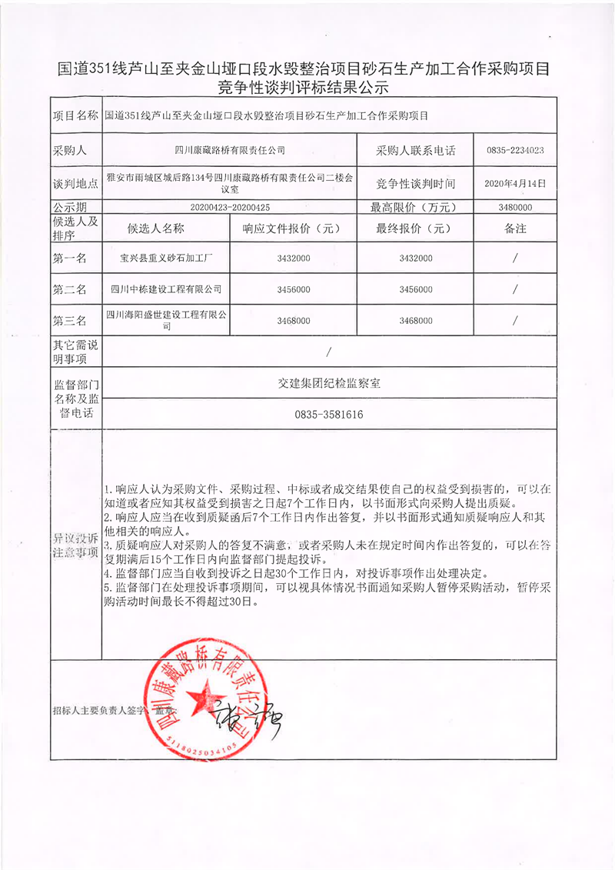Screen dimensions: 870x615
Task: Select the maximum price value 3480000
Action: point(515,207)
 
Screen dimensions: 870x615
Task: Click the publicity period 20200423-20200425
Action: point(230,207)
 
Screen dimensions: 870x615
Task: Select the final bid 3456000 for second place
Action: point(416,289)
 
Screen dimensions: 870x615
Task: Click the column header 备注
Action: point(515,228)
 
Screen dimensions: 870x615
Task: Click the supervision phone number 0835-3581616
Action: point(328,415)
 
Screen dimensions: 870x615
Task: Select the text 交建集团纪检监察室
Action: point(328,382)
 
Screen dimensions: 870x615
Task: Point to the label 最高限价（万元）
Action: point(415,207)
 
